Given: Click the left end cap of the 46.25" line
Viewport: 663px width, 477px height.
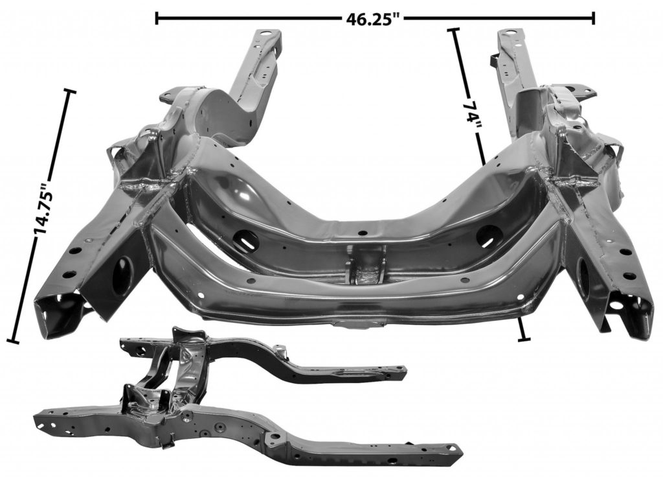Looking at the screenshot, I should [x=157, y=18].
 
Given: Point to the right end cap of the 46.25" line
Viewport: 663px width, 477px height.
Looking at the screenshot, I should [x=593, y=18].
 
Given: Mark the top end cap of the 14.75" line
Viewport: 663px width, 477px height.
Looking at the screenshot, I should [x=69, y=92].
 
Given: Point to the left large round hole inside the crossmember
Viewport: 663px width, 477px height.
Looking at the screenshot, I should [x=247, y=240].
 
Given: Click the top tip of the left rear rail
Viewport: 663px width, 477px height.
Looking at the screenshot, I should [x=268, y=34].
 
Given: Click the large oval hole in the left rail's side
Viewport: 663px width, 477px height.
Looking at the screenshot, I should [x=121, y=275].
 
